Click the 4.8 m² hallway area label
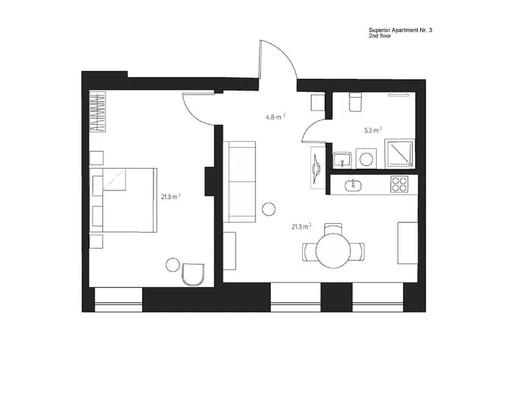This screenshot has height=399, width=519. pyautogui.click(x=276, y=117)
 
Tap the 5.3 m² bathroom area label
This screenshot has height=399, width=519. pyautogui.click(x=373, y=131)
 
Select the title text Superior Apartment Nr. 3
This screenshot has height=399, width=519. pyautogui.click(x=400, y=30)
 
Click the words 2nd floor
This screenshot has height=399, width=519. pyautogui.click(x=380, y=36)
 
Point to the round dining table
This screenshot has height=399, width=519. pyautogui.click(x=333, y=250)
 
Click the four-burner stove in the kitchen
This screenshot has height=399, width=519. pyautogui.click(x=399, y=185)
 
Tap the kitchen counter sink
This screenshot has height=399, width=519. pyautogui.click(x=354, y=185)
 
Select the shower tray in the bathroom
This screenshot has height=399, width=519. pyautogui.click(x=400, y=154)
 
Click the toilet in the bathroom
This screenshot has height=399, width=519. pyautogui.click(x=356, y=102)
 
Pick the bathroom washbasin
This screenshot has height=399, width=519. pyautogui.click(x=342, y=161)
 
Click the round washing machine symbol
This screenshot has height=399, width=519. pyautogui.click(x=366, y=159)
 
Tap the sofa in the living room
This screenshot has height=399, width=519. pyautogui.click(x=239, y=182)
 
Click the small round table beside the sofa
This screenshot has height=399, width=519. pyautogui.click(x=269, y=209)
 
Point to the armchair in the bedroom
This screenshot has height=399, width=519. pyautogui.click(x=193, y=274)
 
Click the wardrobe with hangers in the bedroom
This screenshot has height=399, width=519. pyautogui.click(x=97, y=112)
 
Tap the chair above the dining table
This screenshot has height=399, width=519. pyautogui.click(x=333, y=228)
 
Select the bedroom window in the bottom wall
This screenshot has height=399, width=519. pyautogui.click(x=119, y=300)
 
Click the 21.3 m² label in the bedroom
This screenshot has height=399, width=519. pyautogui.click(x=171, y=197)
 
